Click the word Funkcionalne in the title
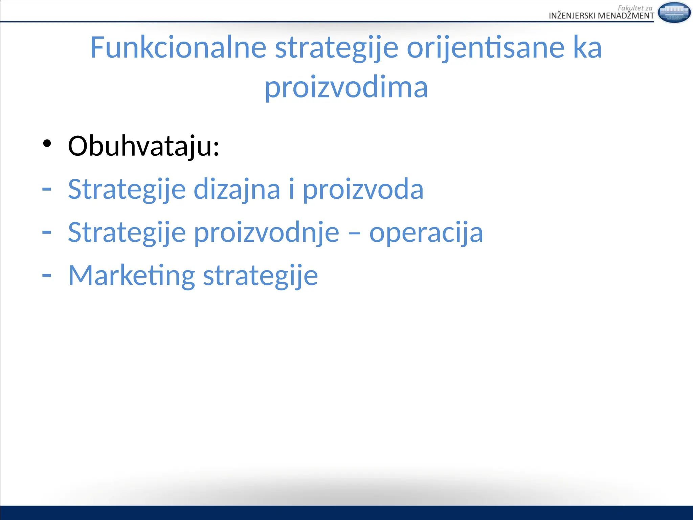(178, 48)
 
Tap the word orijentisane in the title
(485, 48)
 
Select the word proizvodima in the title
(346, 87)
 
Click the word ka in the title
(587, 48)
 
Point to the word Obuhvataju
(143, 146)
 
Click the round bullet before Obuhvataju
(47, 144)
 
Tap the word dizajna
(237, 190)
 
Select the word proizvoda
(363, 190)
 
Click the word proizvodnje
(267, 233)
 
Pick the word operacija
(426, 233)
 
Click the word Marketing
(132, 276)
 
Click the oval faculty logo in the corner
(674, 13)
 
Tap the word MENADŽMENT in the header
(626, 16)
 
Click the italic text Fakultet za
(635, 8)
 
